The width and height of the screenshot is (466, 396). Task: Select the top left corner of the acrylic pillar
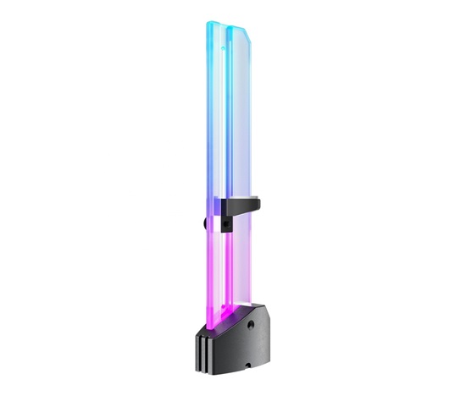click(x=207, y=23)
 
